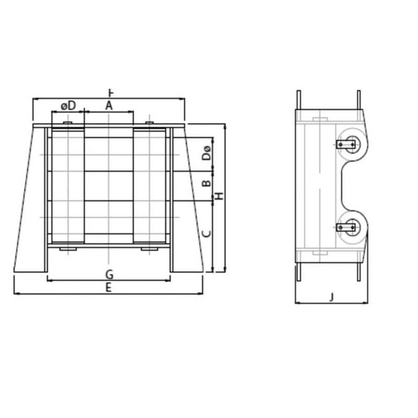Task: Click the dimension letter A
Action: [x=109, y=105]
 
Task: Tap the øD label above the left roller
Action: [x=68, y=105]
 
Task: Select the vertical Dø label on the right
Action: [x=207, y=153]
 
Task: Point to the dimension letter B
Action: [x=207, y=183]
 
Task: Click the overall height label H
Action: [x=219, y=196]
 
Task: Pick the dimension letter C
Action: [x=207, y=233]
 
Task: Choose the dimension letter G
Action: [x=109, y=274]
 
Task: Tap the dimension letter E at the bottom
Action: [x=109, y=287]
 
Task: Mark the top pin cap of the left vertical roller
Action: [x=67, y=123]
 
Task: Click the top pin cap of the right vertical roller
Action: [x=149, y=123]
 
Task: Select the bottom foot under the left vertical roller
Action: [x=67, y=249]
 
